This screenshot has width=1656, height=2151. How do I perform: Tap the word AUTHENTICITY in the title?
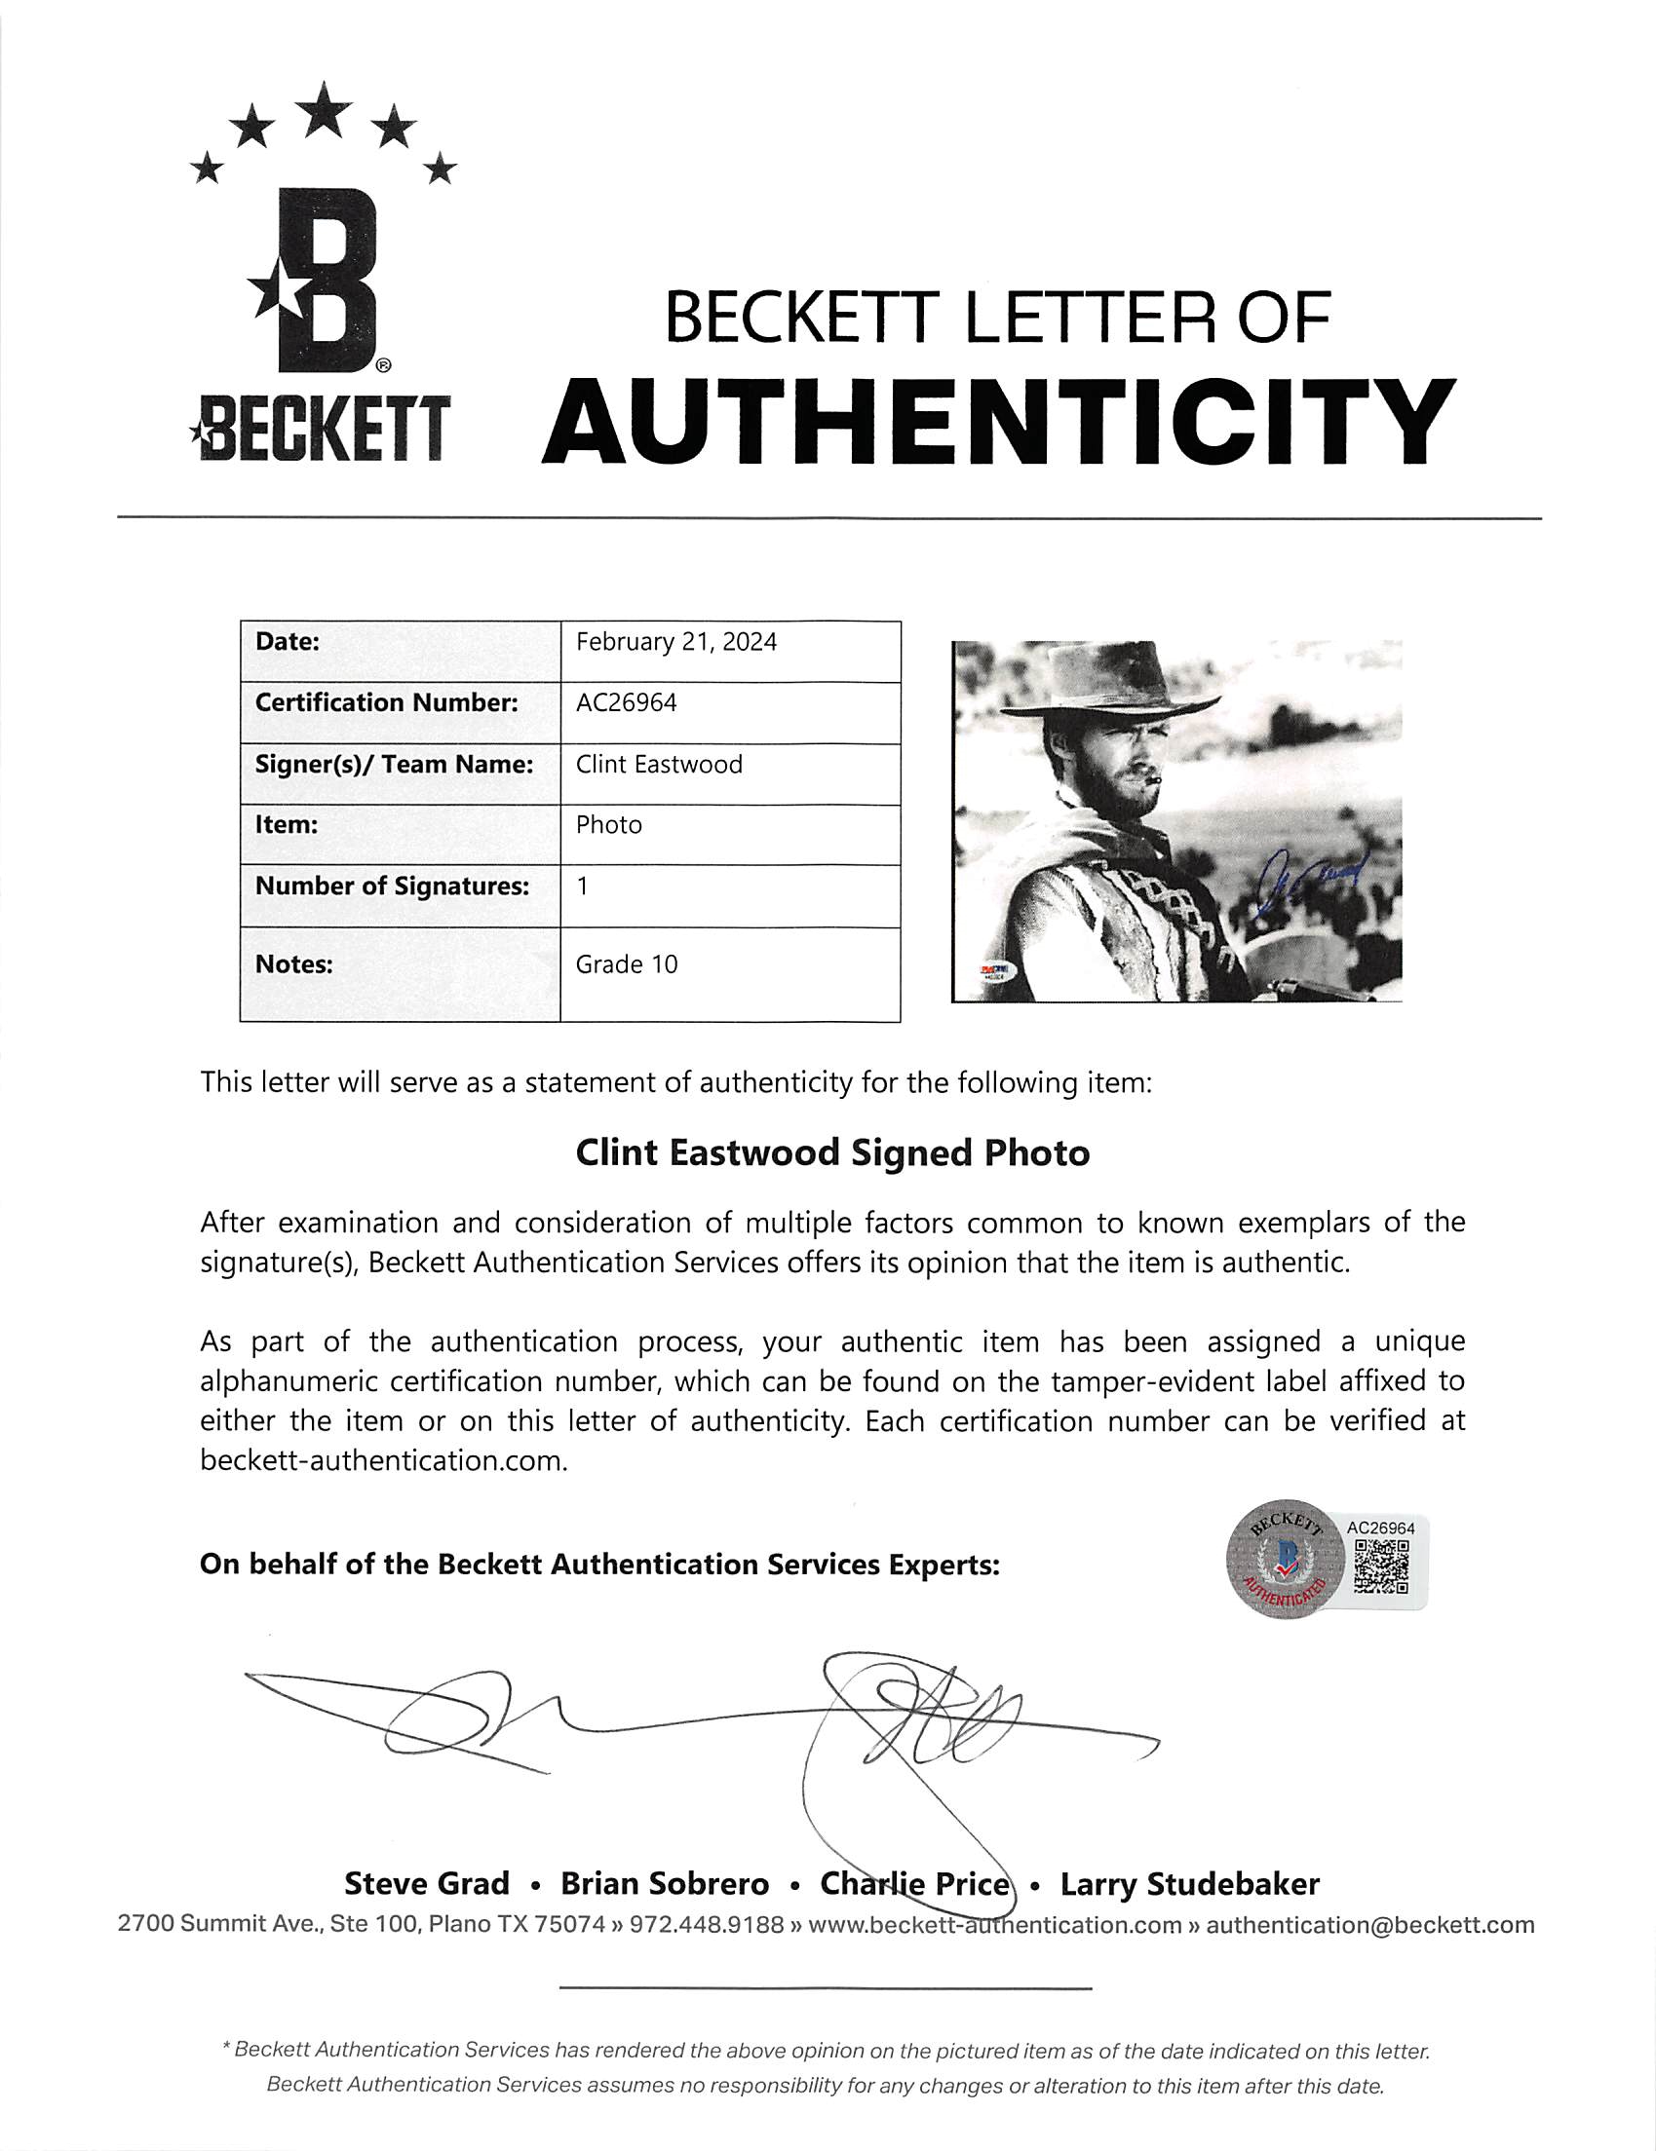coord(998,423)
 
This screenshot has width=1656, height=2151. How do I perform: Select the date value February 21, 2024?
coord(675,642)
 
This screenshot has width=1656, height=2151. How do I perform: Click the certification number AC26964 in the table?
coord(627,703)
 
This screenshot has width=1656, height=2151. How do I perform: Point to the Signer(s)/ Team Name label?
coord(394,765)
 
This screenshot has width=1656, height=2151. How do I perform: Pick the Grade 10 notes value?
coord(627,964)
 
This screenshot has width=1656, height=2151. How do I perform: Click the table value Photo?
coord(609,825)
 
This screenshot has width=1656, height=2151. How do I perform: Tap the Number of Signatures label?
coord(392,887)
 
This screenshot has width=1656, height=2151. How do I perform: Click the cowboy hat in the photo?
coord(1113,688)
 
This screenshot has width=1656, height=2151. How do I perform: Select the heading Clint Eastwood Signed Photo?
coord(832,1153)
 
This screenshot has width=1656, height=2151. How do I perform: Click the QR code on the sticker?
coord(1381,1566)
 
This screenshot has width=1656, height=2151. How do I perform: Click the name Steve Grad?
coord(427,1884)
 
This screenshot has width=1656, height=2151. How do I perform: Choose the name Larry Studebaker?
coord(1189,1884)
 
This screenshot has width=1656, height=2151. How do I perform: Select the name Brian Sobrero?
coord(665,1884)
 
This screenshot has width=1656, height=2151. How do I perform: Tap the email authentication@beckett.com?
coord(1369,1924)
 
